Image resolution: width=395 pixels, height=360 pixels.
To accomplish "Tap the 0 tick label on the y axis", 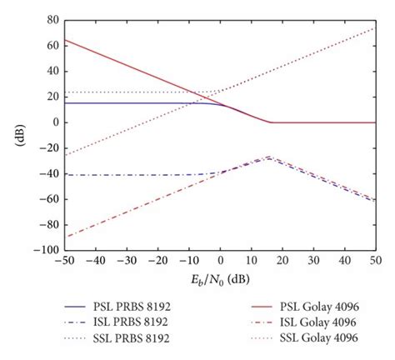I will (x=56, y=122).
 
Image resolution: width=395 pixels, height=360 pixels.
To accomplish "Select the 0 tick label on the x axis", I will (x=220, y=261).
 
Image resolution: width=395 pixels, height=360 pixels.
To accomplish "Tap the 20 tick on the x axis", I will (x=282, y=261).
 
